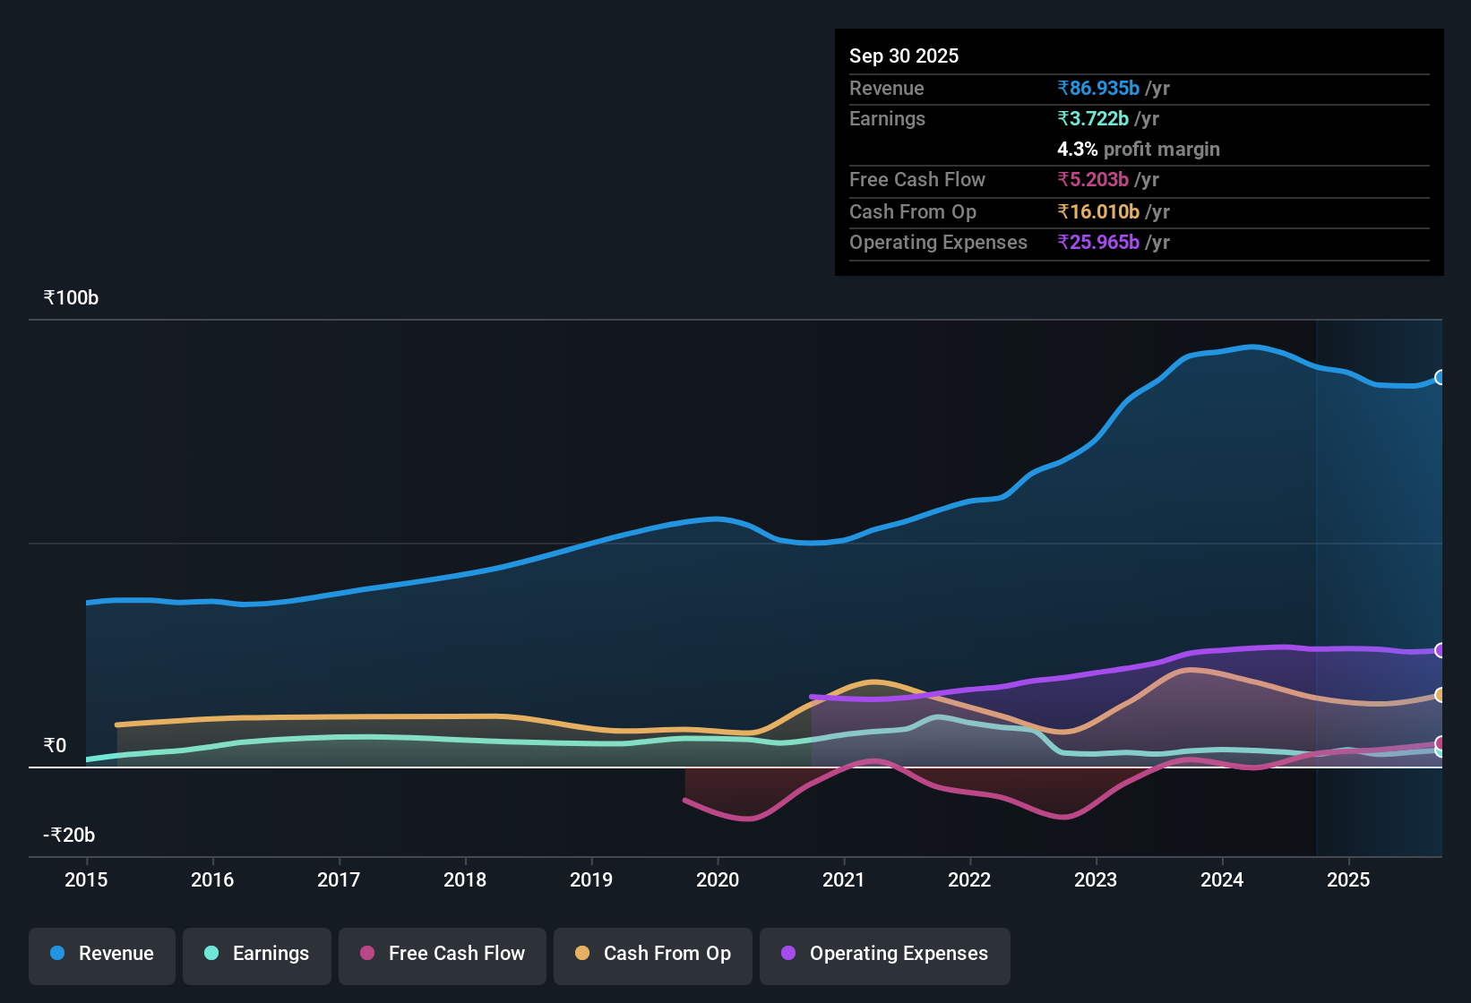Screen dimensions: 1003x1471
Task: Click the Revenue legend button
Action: point(102,954)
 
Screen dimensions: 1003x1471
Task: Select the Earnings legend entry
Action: point(257,954)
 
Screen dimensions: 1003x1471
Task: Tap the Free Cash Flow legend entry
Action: point(443,954)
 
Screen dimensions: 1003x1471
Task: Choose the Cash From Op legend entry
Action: point(653,954)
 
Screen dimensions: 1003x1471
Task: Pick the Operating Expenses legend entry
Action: point(885,954)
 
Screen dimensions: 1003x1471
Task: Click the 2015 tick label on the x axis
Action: point(86,880)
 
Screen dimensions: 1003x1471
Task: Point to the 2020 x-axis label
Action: point(718,880)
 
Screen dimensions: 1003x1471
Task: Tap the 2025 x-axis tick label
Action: point(1348,880)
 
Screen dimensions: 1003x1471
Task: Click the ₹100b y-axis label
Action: point(71,298)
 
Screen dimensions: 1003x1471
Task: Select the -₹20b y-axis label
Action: point(69,836)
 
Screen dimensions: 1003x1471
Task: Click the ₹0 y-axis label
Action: point(55,746)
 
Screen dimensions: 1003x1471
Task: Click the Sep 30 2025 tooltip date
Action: point(904,56)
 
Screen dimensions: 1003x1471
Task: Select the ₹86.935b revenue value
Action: point(1098,89)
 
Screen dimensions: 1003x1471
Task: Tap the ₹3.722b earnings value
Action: point(1093,119)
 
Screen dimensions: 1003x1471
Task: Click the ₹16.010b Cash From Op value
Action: point(1098,212)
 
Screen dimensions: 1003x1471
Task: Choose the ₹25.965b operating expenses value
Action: point(1098,243)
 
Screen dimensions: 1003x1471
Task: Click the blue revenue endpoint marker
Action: point(1440,378)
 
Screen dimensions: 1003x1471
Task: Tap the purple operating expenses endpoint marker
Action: point(1440,650)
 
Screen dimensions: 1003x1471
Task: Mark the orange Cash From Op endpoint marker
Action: point(1440,695)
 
